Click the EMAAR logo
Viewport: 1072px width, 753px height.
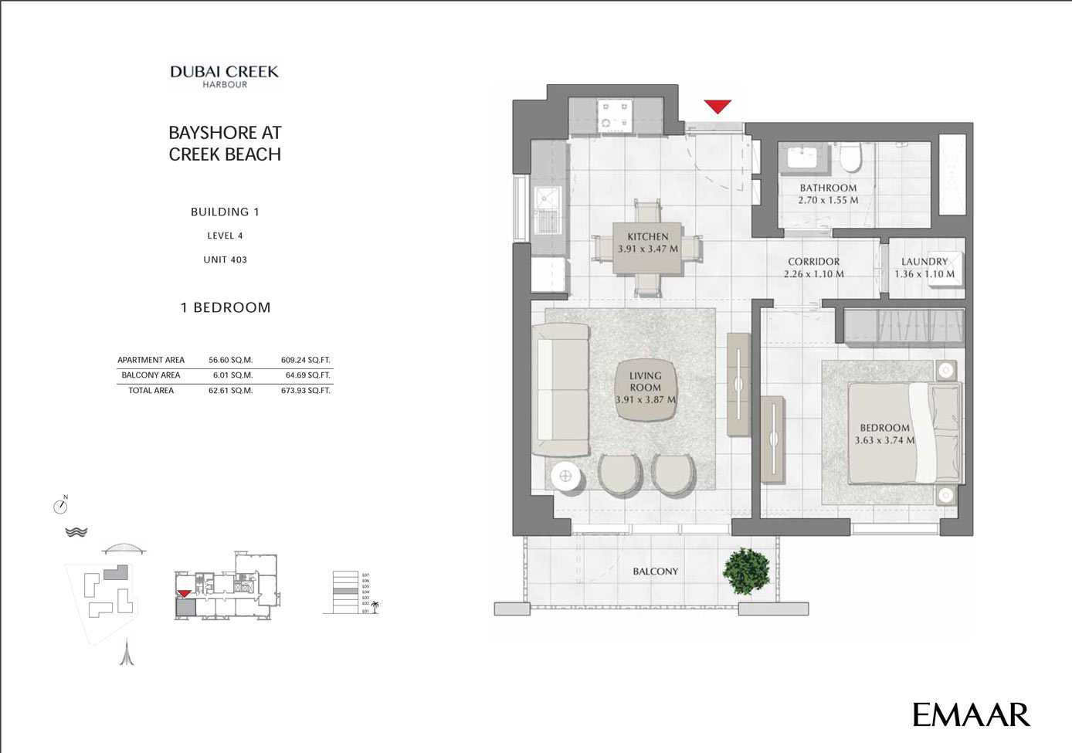tap(971, 714)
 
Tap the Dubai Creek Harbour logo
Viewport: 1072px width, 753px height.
tap(224, 76)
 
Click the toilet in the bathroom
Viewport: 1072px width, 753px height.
tap(850, 159)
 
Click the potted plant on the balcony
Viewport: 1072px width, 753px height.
tap(746, 572)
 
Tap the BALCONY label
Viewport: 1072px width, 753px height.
tap(655, 572)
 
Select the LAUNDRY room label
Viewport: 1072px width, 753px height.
tap(924, 262)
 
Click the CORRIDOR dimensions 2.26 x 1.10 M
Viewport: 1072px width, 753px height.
tap(813, 274)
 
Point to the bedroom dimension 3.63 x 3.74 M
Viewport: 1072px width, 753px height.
tap(884, 440)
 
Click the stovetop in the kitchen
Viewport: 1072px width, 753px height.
tap(615, 115)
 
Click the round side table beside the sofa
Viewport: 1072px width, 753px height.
tap(565, 475)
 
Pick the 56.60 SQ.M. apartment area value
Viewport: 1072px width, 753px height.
tap(230, 360)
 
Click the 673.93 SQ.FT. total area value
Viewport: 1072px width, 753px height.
tap(305, 391)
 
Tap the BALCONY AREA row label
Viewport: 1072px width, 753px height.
tap(151, 375)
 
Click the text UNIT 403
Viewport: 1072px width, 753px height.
tap(225, 259)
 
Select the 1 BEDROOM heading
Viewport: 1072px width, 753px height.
tap(226, 307)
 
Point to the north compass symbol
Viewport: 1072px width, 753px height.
tap(61, 506)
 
